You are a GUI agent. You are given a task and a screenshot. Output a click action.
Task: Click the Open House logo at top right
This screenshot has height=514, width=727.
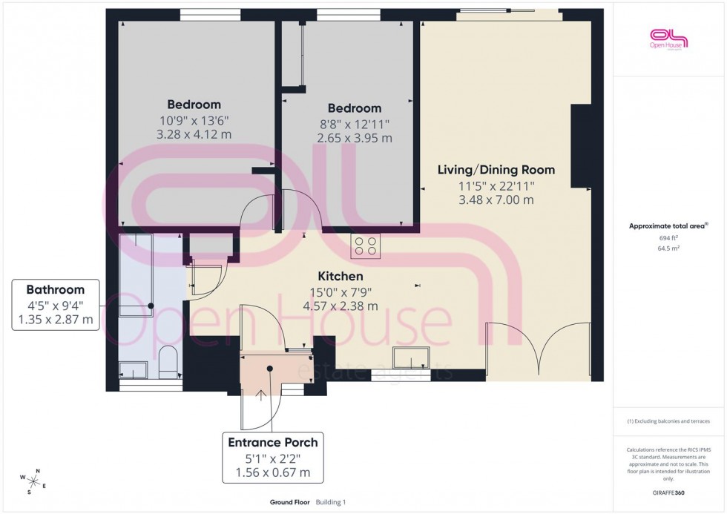tap(668, 39)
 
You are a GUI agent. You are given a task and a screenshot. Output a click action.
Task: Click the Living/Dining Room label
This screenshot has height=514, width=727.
tap(496, 170)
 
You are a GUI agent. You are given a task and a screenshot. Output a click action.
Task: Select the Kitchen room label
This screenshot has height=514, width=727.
tap(342, 276)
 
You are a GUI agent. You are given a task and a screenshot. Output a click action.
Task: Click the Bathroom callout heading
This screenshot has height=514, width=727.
tap(56, 289)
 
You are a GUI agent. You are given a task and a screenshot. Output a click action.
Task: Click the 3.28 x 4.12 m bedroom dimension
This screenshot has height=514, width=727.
tap(194, 134)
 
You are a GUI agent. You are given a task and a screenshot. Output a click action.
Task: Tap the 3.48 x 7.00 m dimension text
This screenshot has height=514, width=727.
tap(496, 200)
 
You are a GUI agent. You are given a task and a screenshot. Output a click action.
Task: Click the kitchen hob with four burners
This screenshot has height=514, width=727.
tap(366, 246)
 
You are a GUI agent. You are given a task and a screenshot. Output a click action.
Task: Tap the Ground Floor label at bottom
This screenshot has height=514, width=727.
tap(290, 502)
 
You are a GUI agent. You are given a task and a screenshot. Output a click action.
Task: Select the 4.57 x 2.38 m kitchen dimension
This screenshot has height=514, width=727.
tap(342, 306)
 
